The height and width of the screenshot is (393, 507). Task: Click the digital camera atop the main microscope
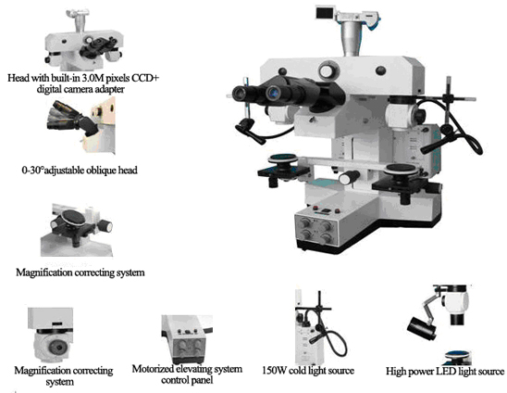click(348, 17)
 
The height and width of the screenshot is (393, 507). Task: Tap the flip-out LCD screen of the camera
click(325, 13)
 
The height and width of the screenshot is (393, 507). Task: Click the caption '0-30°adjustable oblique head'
click(80, 171)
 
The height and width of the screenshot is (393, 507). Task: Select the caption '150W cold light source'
click(308, 371)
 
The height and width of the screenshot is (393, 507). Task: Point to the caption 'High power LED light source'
click(445, 371)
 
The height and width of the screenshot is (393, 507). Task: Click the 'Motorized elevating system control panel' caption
click(187, 374)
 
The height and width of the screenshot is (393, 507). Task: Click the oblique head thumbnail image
click(81, 126)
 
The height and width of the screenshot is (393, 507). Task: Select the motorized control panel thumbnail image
click(187, 339)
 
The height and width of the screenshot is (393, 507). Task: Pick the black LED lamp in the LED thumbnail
click(423, 328)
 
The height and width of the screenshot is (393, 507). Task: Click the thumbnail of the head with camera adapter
click(83, 41)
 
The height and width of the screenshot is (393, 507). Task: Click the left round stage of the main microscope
click(283, 158)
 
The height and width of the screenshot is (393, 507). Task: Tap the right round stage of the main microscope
click(402, 169)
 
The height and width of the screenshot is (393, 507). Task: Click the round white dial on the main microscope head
click(328, 70)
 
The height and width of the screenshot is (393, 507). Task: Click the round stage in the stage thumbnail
click(75, 218)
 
